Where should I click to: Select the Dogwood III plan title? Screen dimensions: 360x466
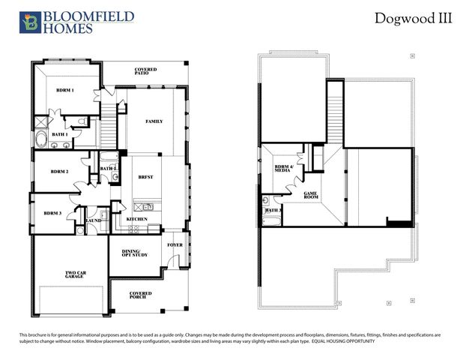tap(414, 19)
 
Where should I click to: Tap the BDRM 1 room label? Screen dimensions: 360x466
tap(65, 90)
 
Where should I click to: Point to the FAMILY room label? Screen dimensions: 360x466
tap(154, 121)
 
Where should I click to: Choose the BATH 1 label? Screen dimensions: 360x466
tap(60, 134)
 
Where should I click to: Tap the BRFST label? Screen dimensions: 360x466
tap(146, 177)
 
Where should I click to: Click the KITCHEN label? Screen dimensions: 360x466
tap(136, 219)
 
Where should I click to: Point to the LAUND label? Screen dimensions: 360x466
tap(94, 220)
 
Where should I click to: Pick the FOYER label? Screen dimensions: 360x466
tap(175, 244)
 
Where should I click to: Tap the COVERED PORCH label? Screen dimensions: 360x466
tap(140, 295)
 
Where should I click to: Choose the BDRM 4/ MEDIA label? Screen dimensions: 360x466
tap(283, 169)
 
